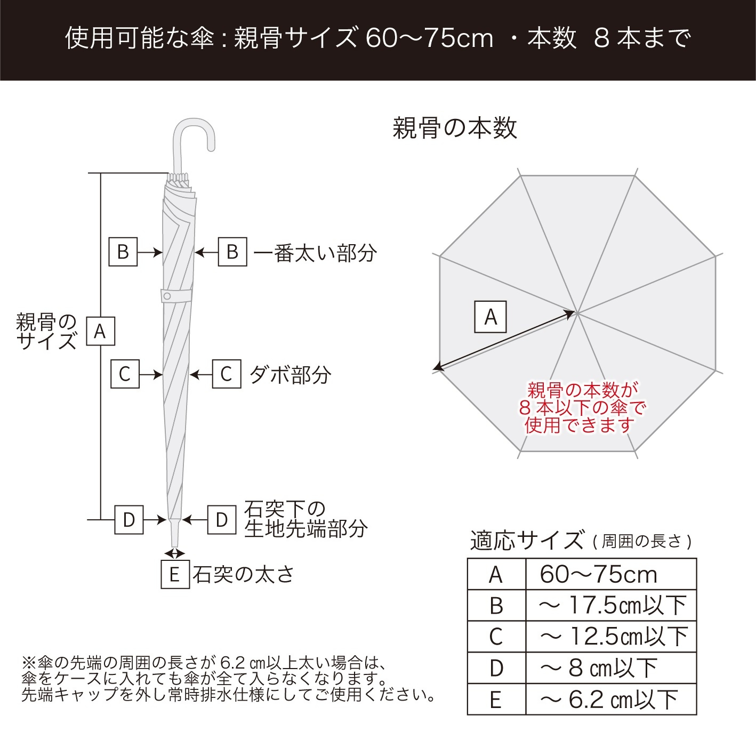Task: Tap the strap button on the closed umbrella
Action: (167, 296)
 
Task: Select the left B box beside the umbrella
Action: (123, 252)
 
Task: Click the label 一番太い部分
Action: (315, 253)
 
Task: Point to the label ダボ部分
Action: (290, 375)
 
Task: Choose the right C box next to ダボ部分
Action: (227, 374)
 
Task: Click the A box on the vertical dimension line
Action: (100, 331)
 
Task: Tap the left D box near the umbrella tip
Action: (129, 519)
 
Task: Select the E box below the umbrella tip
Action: (175, 575)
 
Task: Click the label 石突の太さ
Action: (243, 575)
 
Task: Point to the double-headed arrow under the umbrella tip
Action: (174, 553)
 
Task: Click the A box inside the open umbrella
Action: (490, 317)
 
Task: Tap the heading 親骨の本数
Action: (455, 128)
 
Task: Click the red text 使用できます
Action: (580, 425)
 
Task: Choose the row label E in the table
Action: (496, 699)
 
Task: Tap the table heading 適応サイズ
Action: (527, 541)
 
